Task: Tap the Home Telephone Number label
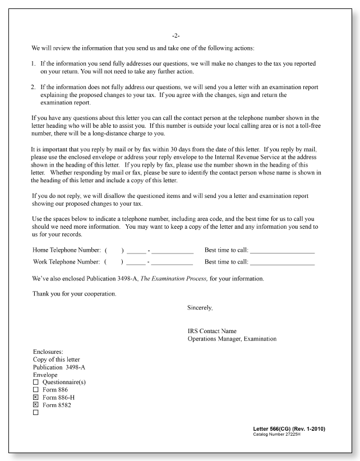(67, 250)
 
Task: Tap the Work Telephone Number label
(67, 261)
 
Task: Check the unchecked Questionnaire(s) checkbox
(36, 382)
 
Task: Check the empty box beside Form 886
(36, 390)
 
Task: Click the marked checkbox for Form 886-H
(36, 397)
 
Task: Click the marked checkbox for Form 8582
(36, 405)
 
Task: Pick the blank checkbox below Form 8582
(36, 413)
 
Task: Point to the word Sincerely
(200, 308)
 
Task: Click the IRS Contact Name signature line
(212, 331)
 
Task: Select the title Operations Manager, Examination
(232, 339)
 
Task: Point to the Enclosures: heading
(48, 352)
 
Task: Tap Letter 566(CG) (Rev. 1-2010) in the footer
(289, 429)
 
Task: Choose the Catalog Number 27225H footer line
(276, 435)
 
